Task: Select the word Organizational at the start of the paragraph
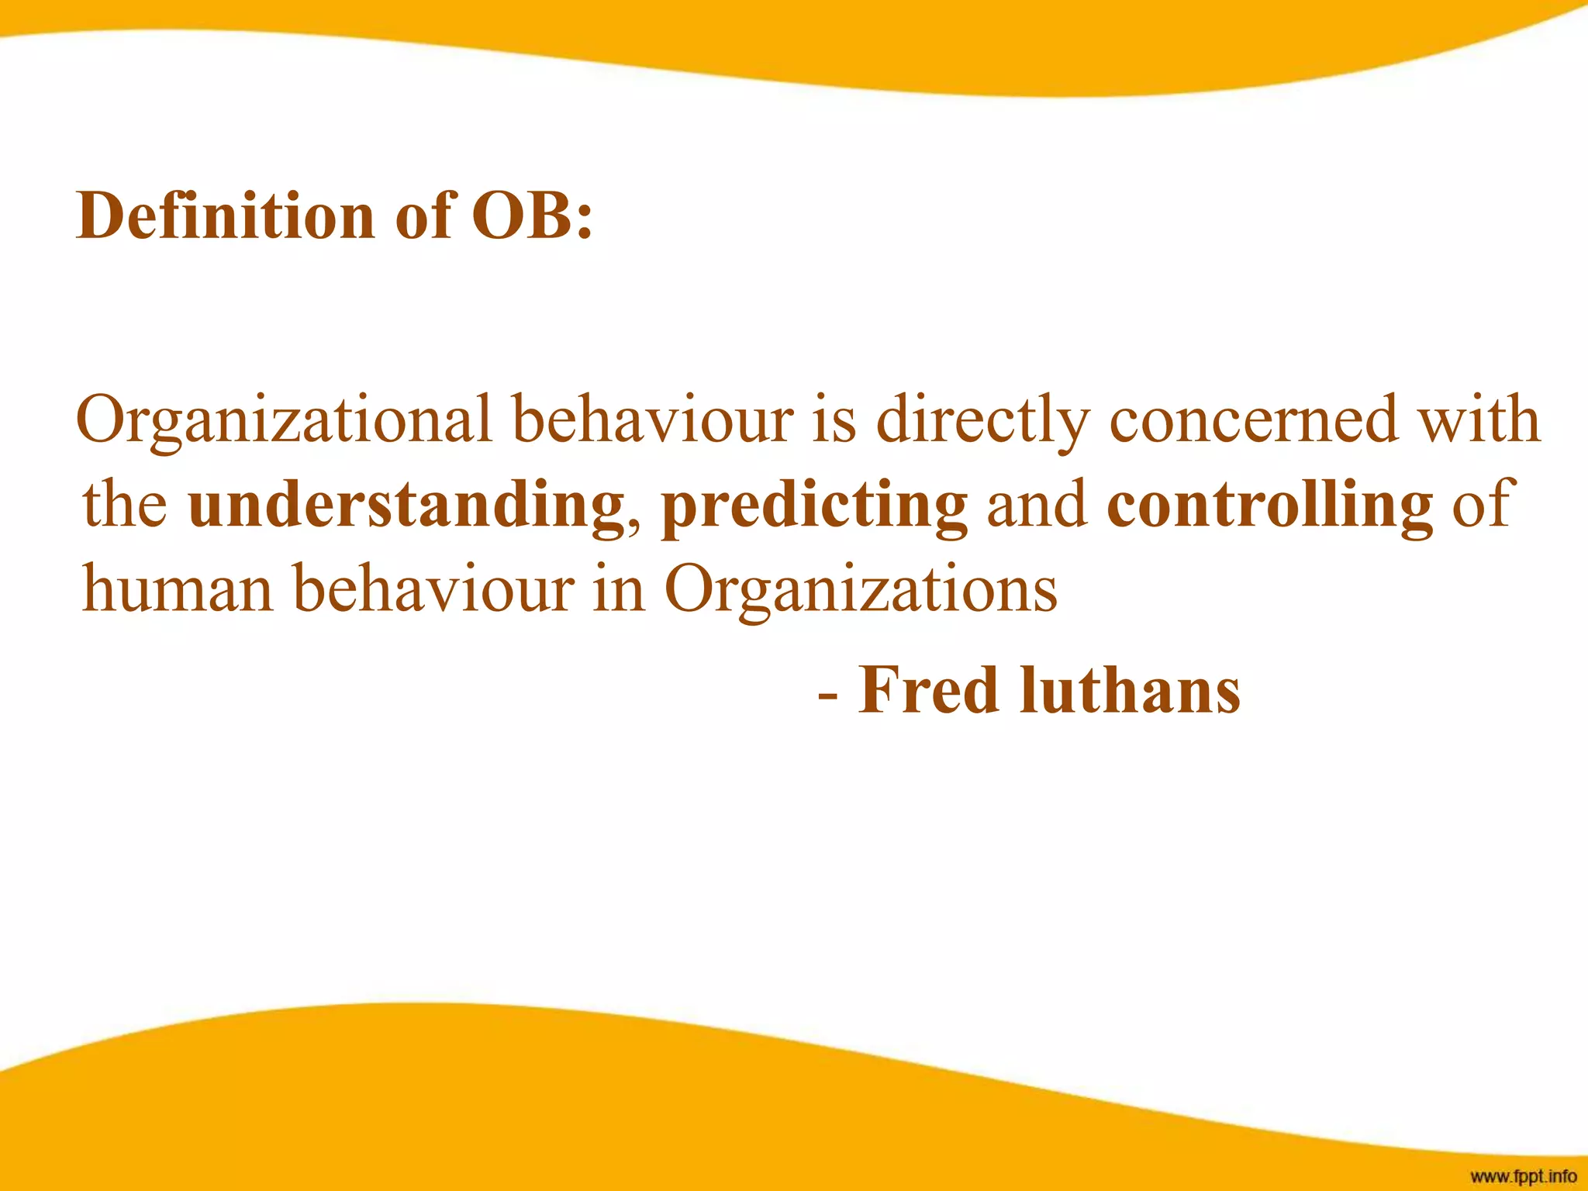pos(284,420)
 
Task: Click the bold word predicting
pos(814,506)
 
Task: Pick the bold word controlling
pos(1270,506)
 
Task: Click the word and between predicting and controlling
pos(1037,506)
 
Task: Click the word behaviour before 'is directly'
pos(653,420)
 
